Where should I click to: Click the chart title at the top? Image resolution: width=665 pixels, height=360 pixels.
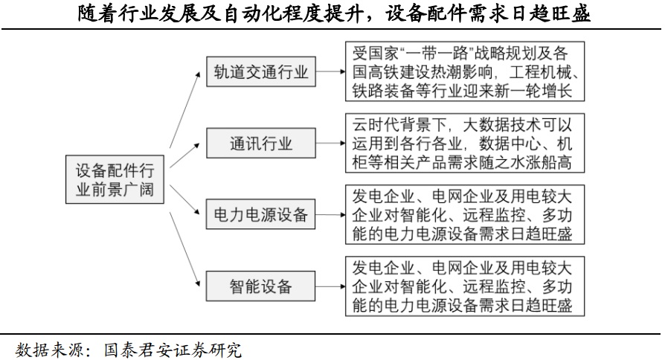pos(332,14)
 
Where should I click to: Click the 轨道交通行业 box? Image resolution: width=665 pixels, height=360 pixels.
pos(260,72)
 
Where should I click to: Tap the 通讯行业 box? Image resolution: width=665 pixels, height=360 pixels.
pos(260,144)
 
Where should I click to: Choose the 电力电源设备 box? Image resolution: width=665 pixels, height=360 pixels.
pos(260,215)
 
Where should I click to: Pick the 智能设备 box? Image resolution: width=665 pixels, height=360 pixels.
pos(260,286)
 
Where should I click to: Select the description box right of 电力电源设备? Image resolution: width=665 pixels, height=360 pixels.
pos(463,215)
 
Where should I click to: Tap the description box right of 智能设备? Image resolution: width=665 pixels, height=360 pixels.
pos(463,286)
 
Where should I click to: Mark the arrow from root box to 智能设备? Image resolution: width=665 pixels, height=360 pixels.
pos(185,245)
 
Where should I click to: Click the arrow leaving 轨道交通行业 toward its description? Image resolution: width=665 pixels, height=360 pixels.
pos(330,72)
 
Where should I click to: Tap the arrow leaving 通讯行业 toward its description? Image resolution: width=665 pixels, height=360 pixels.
pos(330,144)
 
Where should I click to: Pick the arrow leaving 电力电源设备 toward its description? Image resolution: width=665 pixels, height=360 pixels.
pos(330,215)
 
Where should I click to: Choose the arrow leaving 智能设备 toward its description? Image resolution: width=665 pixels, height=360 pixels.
pos(330,286)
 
